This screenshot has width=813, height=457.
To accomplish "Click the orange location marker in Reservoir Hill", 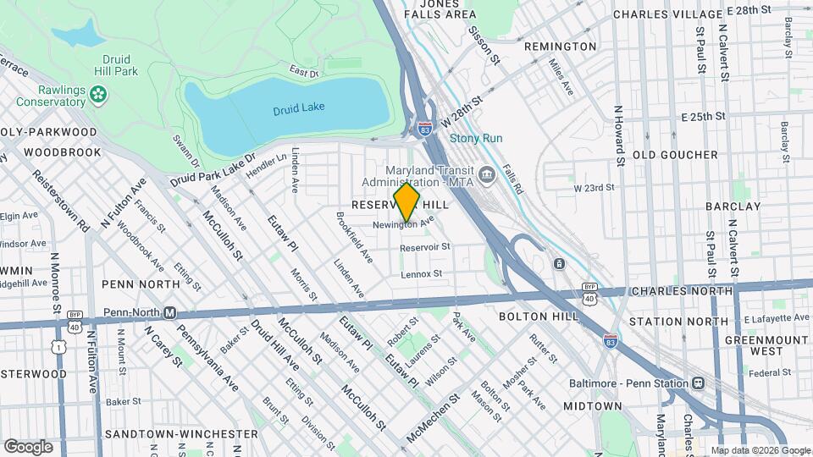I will [406, 202].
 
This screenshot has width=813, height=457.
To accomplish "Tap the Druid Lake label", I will [298, 110].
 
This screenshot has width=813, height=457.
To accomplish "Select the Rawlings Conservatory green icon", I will [100, 94].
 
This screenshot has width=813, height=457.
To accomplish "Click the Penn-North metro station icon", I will [169, 312].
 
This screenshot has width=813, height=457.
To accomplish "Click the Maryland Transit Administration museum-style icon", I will [486, 175].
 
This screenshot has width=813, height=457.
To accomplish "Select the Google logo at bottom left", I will [28, 446].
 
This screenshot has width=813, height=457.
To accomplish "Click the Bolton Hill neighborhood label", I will [550, 317].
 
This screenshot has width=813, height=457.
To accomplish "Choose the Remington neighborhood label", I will [560, 47].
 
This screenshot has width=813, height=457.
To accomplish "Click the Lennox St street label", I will [421, 274].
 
